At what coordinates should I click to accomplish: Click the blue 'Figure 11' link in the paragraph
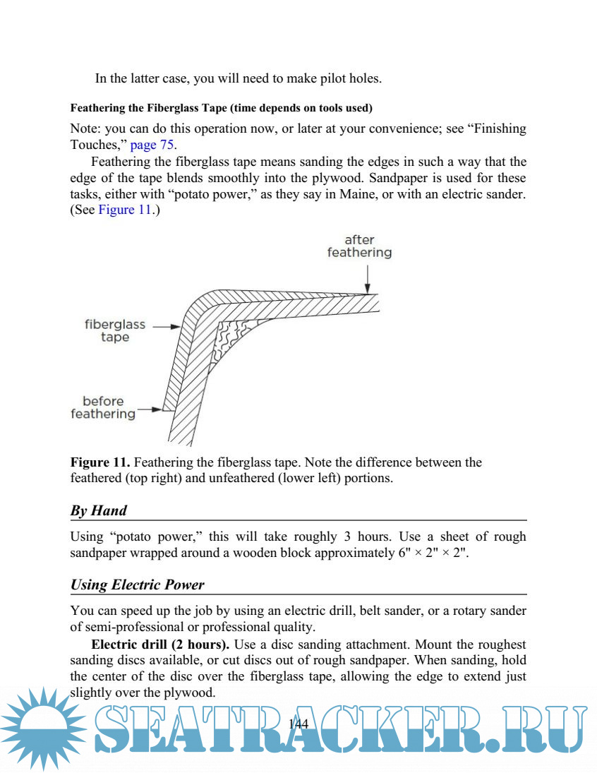[x=125, y=210]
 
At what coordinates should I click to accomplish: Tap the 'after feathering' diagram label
[x=359, y=246]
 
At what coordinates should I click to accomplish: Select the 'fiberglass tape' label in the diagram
[x=115, y=331]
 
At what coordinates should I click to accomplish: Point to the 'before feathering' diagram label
[x=103, y=407]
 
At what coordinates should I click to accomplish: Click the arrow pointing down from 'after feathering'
[x=366, y=278]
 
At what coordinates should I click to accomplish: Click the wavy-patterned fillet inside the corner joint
[x=233, y=335]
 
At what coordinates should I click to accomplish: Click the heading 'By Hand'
[x=99, y=510]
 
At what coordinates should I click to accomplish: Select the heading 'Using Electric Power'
[x=138, y=585]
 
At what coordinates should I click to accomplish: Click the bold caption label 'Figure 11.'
[x=99, y=462]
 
